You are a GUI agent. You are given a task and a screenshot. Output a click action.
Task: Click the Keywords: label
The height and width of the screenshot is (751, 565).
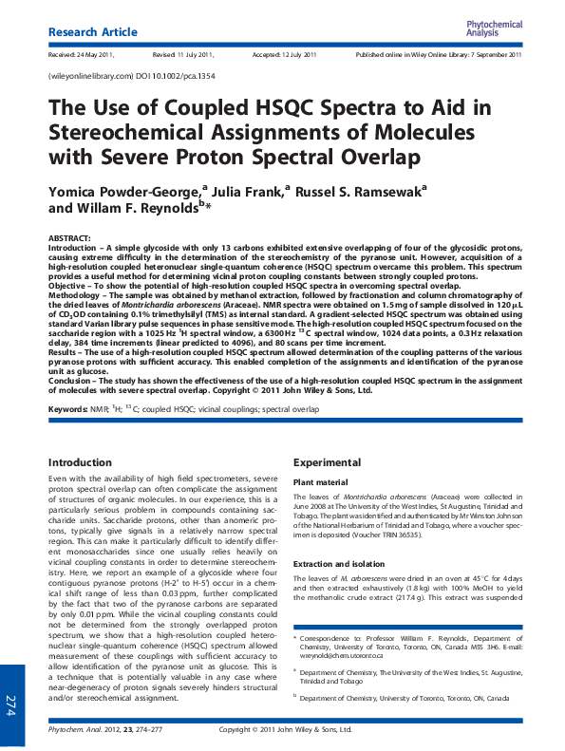coord(69,409)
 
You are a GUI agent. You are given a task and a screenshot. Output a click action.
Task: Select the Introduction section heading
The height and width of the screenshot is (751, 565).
coord(85,462)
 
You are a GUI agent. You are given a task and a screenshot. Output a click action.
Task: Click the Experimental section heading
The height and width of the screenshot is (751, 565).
coord(327,462)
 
